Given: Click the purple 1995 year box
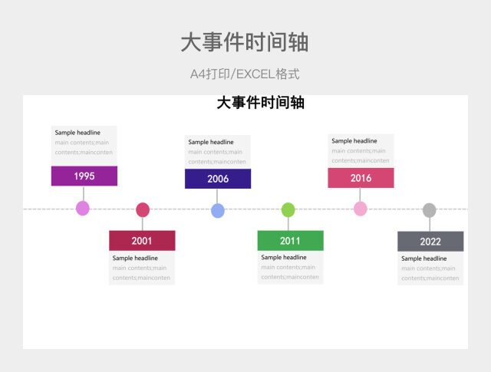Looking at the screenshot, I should (x=84, y=176).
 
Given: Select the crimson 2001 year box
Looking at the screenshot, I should (x=142, y=240).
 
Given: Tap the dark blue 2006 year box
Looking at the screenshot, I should (x=218, y=179).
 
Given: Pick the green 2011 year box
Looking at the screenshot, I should (x=290, y=240).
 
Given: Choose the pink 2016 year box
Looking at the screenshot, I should (x=361, y=178).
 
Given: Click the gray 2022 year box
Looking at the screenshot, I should (x=430, y=241).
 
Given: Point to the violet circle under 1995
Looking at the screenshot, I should (x=83, y=208).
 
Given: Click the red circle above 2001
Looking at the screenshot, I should (x=143, y=209).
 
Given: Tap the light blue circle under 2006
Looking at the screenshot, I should (x=218, y=210).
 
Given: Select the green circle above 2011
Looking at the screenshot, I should (x=288, y=209).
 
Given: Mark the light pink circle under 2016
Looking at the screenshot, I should (x=361, y=209).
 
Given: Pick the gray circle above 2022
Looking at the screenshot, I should (x=430, y=209).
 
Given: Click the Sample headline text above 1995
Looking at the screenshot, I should (x=77, y=133).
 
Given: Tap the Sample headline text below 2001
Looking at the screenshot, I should (x=135, y=258).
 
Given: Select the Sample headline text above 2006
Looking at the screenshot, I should (x=211, y=142).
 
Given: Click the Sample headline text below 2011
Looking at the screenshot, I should (x=284, y=258).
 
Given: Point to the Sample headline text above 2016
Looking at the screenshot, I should (x=354, y=141).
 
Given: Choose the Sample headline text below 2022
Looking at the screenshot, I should (x=424, y=258).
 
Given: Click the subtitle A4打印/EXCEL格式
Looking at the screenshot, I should (x=245, y=74).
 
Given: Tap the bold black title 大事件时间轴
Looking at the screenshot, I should (x=261, y=103).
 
